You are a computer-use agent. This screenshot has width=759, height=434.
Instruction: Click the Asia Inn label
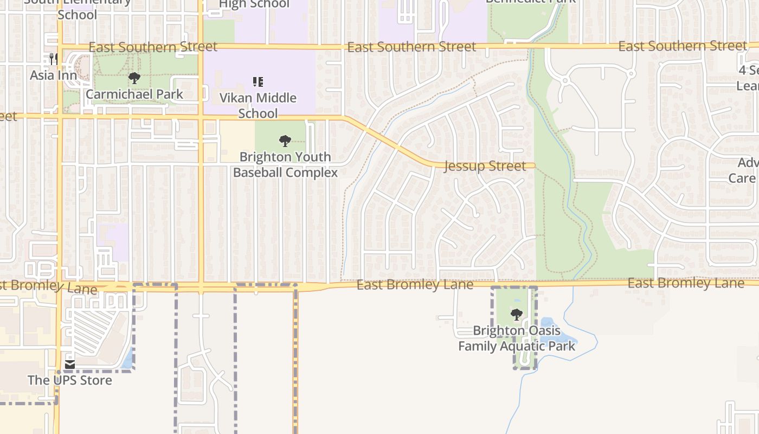(53, 75)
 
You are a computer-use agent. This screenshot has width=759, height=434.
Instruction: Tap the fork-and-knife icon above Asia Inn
(53, 59)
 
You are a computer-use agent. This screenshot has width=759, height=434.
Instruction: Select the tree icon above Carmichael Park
(134, 79)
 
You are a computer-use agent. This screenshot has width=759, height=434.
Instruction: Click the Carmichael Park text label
(134, 94)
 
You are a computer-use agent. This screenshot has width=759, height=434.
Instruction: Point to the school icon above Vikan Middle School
(258, 82)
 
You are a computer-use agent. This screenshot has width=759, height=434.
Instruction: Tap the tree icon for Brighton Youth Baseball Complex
(285, 141)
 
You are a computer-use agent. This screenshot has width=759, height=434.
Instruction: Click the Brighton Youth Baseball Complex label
(285, 164)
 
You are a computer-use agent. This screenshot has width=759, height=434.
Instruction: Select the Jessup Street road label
(485, 166)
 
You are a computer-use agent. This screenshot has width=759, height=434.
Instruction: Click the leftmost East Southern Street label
(153, 47)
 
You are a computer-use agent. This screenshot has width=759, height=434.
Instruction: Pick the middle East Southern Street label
(411, 47)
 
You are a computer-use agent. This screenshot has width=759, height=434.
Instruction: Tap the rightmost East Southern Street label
(683, 46)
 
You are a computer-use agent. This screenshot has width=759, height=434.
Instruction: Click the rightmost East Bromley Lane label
(686, 283)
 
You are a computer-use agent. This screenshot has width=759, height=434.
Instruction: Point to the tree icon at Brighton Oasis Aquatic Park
(516, 314)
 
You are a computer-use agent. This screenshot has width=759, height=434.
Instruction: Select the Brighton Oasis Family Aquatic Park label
(517, 338)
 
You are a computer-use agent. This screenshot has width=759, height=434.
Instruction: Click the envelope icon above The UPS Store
(70, 364)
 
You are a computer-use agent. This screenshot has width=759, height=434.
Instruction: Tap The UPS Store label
(70, 380)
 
